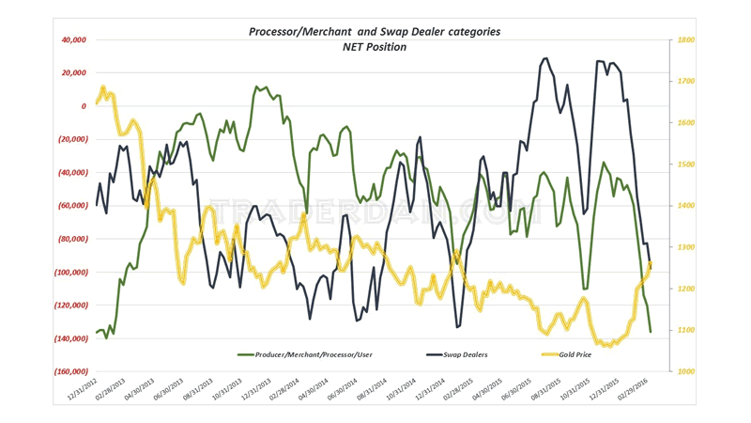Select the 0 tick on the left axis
(82, 106)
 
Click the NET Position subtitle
(374, 47)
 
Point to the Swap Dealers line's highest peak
(545, 58)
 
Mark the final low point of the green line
(651, 331)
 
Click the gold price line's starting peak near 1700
(103, 88)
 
